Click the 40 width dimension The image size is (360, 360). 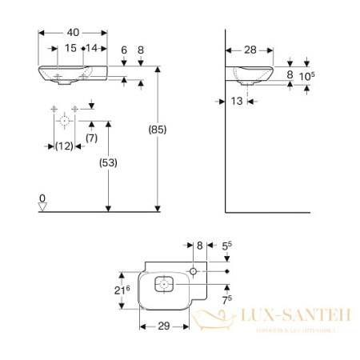coord(73,33)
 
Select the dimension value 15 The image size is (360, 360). coord(70,50)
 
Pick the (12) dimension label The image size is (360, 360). coord(64,146)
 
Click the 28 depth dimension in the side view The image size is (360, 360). coord(250,50)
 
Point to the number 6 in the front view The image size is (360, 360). coord(124,50)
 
